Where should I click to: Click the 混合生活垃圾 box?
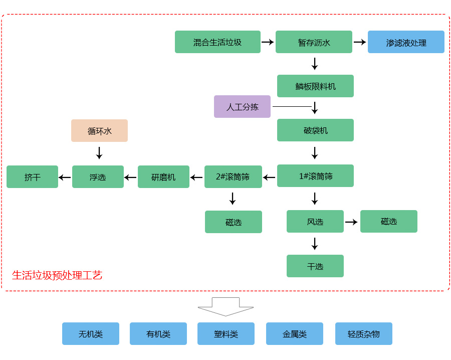(x=217, y=42)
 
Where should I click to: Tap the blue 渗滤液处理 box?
(x=406, y=42)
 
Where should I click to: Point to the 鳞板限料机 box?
(x=315, y=86)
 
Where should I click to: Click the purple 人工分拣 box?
(x=242, y=107)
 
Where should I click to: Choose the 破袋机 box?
(x=315, y=130)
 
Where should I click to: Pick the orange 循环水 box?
(x=99, y=131)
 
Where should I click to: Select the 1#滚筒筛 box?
(x=315, y=176)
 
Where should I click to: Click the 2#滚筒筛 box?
(x=233, y=177)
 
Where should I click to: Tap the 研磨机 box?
(x=163, y=177)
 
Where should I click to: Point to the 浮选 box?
(x=98, y=177)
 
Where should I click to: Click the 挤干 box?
(x=32, y=177)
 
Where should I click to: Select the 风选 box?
(x=315, y=222)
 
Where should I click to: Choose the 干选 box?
(x=315, y=266)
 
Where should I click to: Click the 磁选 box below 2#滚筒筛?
(x=233, y=222)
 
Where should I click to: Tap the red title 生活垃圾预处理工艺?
(x=57, y=275)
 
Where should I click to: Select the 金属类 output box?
(x=294, y=334)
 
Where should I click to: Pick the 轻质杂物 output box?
(x=363, y=334)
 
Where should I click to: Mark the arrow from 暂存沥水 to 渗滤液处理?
(x=360, y=42)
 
